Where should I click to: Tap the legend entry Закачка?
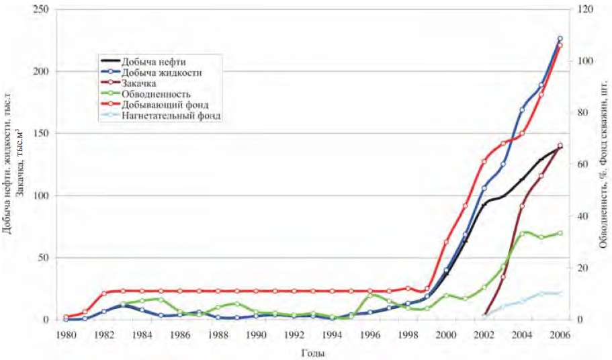point(139,83)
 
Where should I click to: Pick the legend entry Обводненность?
point(157,94)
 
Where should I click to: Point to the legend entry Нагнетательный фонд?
point(171,116)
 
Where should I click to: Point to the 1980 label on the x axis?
point(66,334)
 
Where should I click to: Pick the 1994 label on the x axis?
point(332,334)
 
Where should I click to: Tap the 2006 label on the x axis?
point(560,334)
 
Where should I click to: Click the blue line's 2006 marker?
point(560,39)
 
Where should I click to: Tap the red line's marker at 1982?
point(104,294)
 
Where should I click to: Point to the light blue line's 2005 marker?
point(541,294)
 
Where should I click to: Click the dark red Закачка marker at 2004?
point(522,206)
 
